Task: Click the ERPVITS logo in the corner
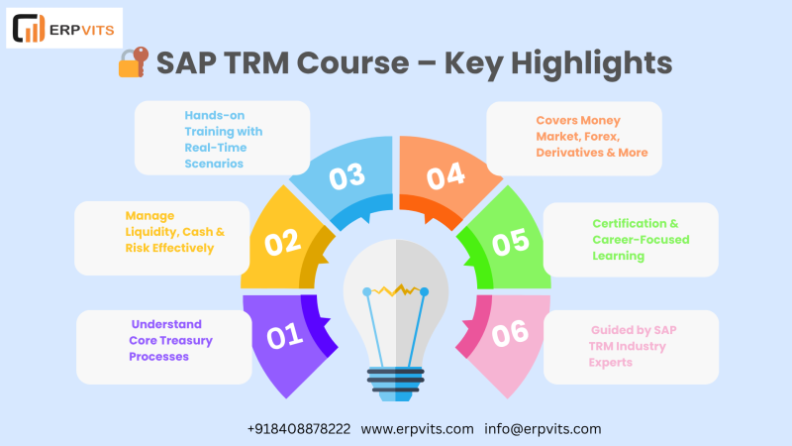(x=64, y=29)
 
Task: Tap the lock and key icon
(x=134, y=62)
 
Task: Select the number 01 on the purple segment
(x=285, y=336)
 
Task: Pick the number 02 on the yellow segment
(x=283, y=242)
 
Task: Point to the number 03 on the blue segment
(x=347, y=176)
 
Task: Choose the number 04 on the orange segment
(x=445, y=176)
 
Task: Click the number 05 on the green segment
(x=511, y=242)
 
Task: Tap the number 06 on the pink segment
(x=510, y=334)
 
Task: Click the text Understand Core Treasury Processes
(x=170, y=340)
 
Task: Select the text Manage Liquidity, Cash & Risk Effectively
(x=175, y=232)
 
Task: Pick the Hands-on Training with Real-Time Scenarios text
(x=224, y=139)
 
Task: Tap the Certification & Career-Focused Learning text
(x=641, y=240)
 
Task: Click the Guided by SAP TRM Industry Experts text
(x=633, y=346)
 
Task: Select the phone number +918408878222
(x=299, y=429)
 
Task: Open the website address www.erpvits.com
(x=417, y=429)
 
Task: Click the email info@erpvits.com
(x=543, y=429)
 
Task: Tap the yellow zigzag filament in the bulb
(x=396, y=290)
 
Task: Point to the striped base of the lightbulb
(x=395, y=384)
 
